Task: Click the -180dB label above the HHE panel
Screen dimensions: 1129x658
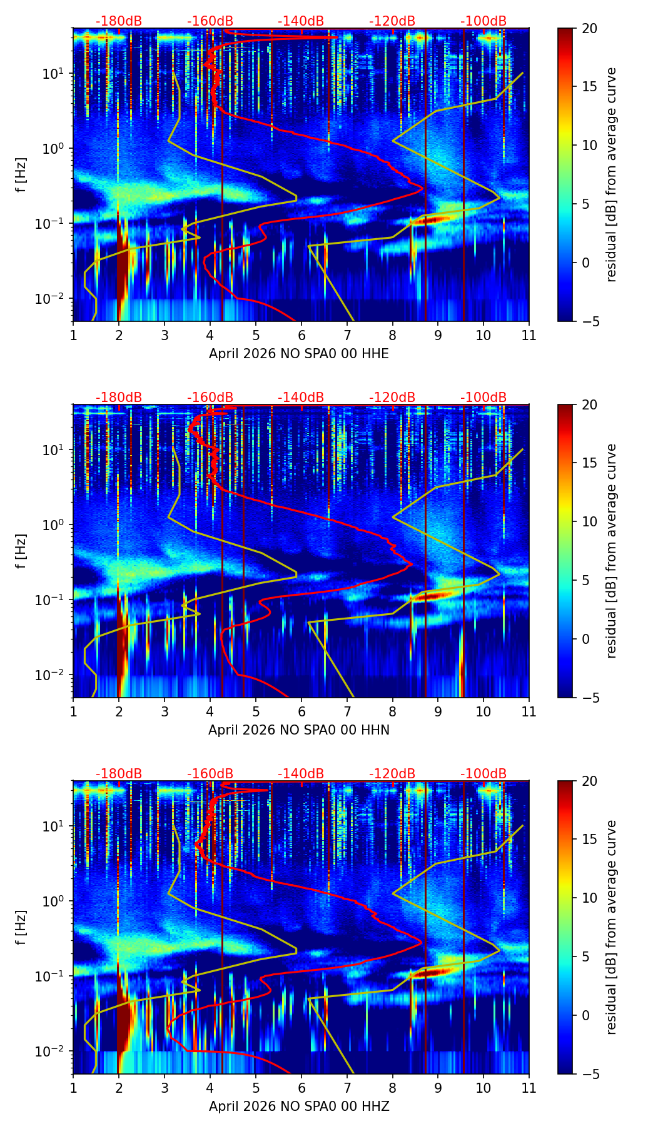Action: point(119,21)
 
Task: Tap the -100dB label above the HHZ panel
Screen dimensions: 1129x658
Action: point(483,774)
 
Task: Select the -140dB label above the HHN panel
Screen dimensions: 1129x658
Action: point(301,398)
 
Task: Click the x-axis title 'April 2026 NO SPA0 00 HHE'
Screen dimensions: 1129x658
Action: point(299,354)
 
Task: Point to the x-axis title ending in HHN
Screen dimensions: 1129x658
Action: point(299,730)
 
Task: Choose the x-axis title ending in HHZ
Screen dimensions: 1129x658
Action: point(299,1106)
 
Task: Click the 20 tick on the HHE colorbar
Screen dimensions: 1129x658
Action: point(589,28)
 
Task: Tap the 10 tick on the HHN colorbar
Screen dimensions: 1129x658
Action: point(589,521)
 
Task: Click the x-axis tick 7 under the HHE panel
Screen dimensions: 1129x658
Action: point(347,335)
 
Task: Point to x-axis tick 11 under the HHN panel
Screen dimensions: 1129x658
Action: point(529,711)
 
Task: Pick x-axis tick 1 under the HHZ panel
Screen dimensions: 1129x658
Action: point(73,1088)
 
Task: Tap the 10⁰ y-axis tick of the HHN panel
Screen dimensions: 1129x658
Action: point(54,525)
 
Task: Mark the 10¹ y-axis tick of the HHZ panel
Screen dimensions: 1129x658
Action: point(54,826)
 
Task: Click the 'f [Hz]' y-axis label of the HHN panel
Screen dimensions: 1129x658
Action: point(21,551)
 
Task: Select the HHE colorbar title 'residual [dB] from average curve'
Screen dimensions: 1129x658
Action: point(612,174)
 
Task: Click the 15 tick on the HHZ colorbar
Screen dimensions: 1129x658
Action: point(589,840)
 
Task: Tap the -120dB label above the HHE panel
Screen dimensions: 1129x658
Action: point(392,21)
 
